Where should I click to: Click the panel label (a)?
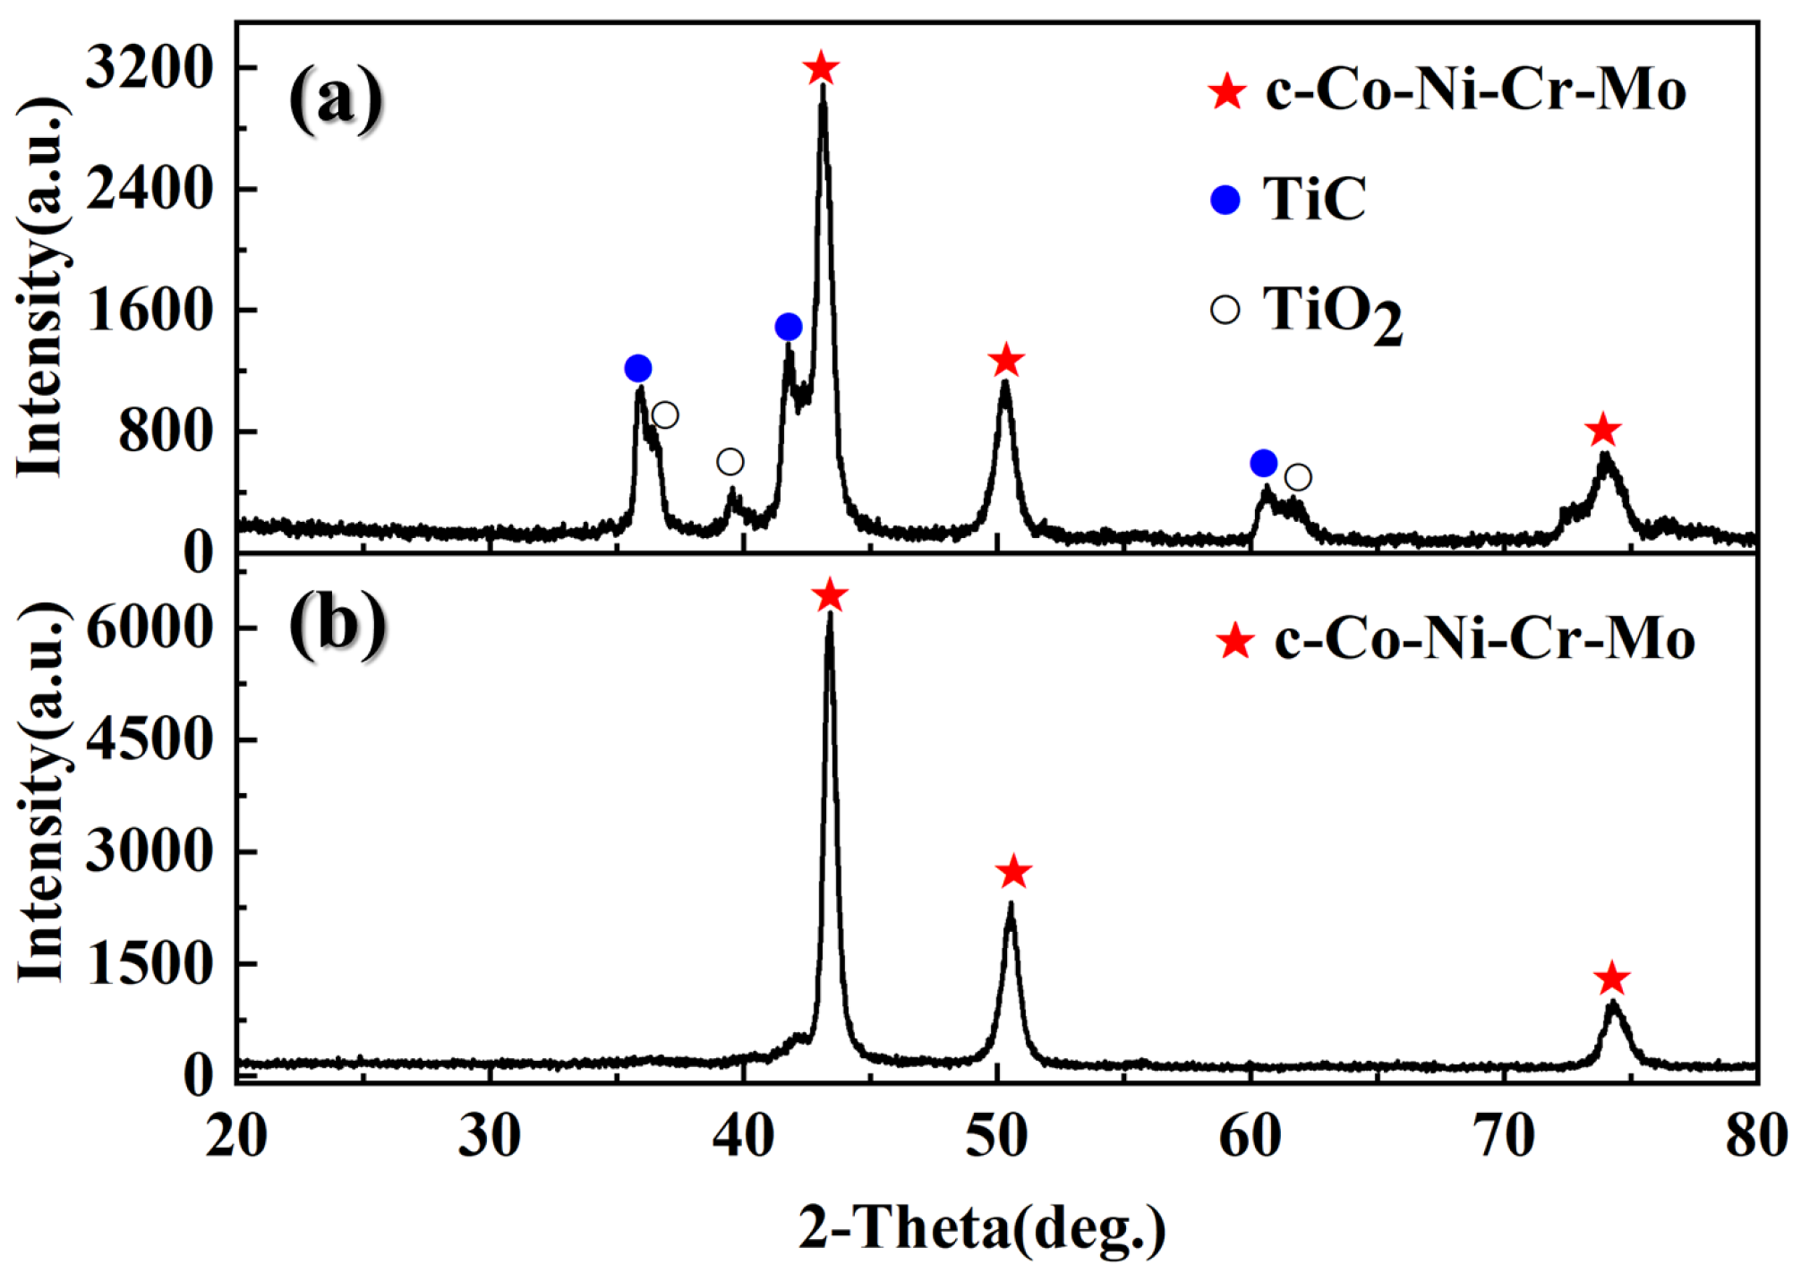tap(336, 98)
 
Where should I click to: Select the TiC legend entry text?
tap(1314, 199)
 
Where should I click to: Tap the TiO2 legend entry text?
tap(1331, 313)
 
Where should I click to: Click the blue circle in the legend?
tap(1225, 200)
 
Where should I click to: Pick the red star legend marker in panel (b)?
tap(1235, 641)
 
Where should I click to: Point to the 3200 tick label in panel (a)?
tap(149, 68)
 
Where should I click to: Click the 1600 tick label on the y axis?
tap(149, 311)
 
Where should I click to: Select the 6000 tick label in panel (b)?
tap(149, 628)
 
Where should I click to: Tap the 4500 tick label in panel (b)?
tap(149, 739)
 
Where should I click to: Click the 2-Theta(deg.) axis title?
tap(982, 1226)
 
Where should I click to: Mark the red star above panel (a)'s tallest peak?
tap(821, 68)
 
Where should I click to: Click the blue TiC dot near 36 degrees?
tap(638, 368)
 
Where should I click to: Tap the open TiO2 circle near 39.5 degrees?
tap(730, 462)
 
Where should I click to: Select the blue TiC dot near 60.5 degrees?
tap(1263, 463)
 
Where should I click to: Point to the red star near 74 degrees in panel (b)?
tap(1612, 978)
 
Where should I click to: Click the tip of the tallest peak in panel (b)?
tap(830, 614)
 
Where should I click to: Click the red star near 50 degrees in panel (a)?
tap(1006, 361)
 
